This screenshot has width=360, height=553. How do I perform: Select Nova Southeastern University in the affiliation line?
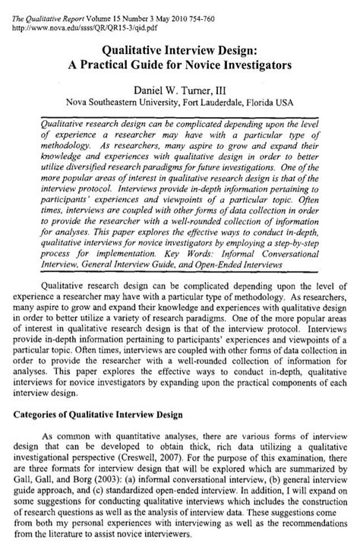coord(115,104)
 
